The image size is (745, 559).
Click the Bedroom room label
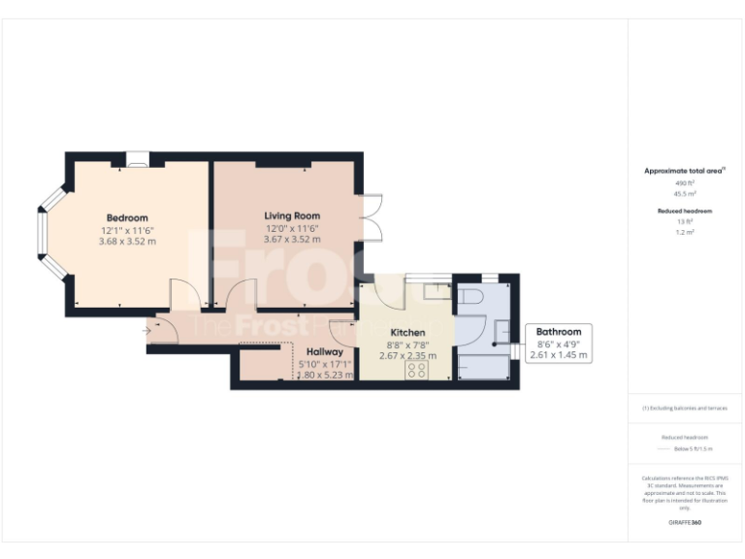point(127,217)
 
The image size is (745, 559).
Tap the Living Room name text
point(292,215)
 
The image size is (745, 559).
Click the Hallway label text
point(325,351)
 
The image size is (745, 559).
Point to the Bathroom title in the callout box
point(560,332)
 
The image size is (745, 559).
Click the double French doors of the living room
point(372,219)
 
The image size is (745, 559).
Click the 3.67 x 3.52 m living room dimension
point(292,239)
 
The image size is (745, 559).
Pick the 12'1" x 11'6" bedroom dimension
point(127,230)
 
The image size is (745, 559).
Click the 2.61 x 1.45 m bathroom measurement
point(560,356)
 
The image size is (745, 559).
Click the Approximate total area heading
point(684,171)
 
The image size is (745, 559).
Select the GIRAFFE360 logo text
point(684,523)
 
